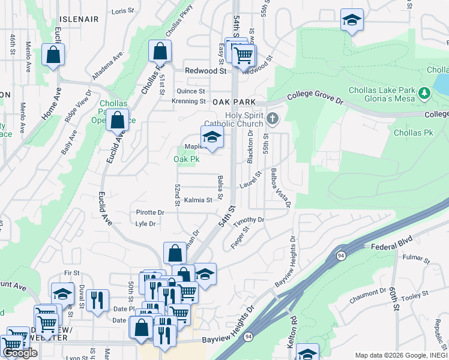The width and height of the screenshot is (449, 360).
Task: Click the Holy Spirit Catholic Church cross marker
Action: click(x=273, y=118)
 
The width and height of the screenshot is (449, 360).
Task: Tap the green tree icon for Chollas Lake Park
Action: click(x=425, y=92)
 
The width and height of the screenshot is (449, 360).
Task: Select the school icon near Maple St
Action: click(x=211, y=137)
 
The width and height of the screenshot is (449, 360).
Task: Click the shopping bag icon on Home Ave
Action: click(x=53, y=55)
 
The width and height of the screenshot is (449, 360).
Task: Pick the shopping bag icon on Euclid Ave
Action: click(x=118, y=119)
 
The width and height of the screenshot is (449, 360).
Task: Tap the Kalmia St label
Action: click(x=198, y=200)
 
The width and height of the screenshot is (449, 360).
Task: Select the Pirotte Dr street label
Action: click(x=150, y=212)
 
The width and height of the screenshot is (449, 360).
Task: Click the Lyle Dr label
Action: click(x=146, y=224)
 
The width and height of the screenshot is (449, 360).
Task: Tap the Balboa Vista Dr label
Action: click(x=280, y=188)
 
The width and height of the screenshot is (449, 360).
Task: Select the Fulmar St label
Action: click(x=417, y=260)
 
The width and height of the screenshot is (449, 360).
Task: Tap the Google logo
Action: click(x=20, y=353)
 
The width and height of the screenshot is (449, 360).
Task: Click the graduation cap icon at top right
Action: click(x=352, y=20)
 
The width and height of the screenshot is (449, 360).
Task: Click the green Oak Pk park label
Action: click(x=186, y=159)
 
